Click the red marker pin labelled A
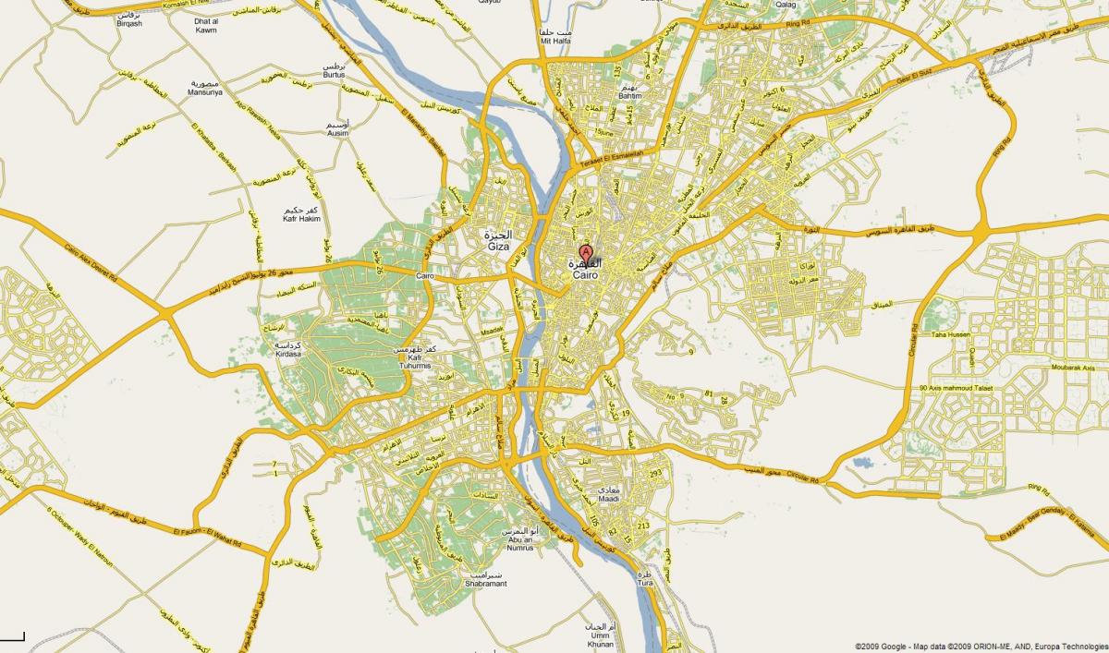click(585, 253)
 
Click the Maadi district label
click(611, 500)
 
